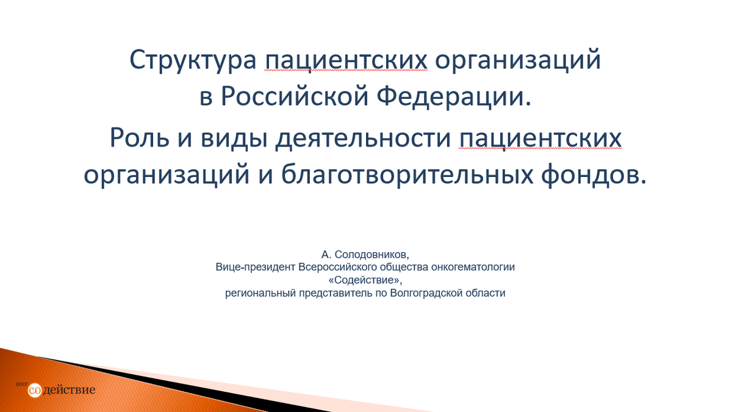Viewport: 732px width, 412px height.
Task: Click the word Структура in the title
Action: [x=193, y=60]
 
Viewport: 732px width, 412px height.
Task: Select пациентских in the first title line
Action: [x=346, y=60]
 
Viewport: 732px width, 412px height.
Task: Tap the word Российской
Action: [x=295, y=97]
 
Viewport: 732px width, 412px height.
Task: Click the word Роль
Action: [x=140, y=138]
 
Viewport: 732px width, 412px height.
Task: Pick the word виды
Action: [x=234, y=139]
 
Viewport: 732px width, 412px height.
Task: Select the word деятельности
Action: [x=364, y=139]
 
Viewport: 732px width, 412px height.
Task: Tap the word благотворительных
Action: [x=407, y=175]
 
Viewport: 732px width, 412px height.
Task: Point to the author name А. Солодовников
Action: [x=365, y=255]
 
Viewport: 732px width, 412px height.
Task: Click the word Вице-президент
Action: [x=255, y=267]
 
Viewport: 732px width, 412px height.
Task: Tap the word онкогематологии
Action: [x=473, y=267]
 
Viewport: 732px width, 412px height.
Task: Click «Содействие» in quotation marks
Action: [x=365, y=280]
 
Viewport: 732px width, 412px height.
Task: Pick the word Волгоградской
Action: [x=426, y=293]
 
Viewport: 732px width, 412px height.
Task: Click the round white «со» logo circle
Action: [x=35, y=391]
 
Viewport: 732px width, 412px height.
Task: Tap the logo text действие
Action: [x=69, y=390]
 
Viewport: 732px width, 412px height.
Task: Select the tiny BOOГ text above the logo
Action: [x=22, y=384]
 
